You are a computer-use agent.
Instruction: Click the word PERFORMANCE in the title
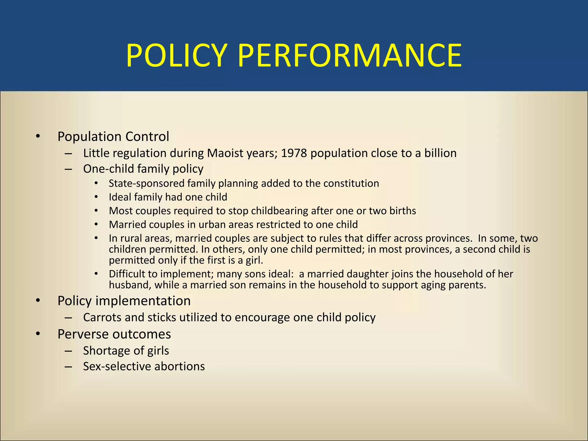(x=350, y=55)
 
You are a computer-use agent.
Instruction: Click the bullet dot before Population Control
(x=38, y=136)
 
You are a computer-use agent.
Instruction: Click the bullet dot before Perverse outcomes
(x=38, y=334)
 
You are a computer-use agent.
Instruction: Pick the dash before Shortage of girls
(x=68, y=351)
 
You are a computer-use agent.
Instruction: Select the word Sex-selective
(x=117, y=367)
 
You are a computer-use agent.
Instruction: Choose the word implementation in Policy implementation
(x=143, y=301)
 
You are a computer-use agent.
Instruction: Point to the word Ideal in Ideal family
(x=120, y=197)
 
